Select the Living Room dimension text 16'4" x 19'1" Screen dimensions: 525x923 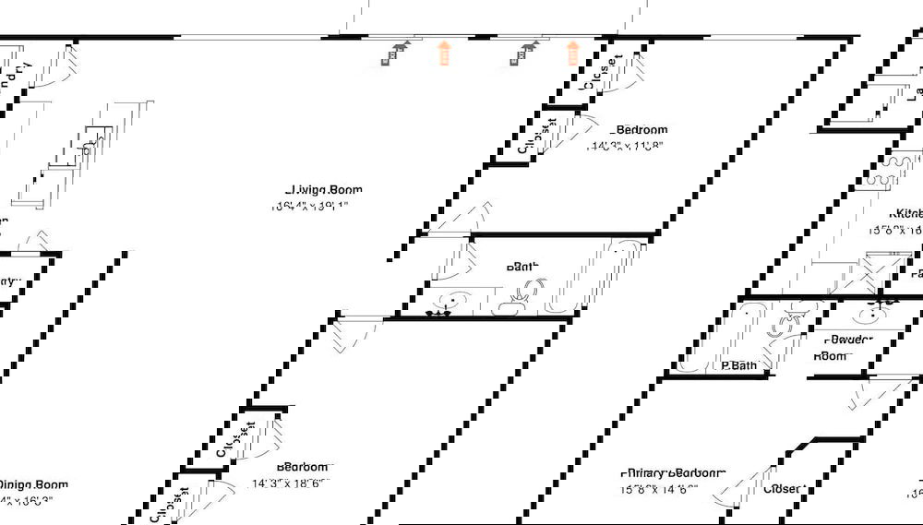click(310, 207)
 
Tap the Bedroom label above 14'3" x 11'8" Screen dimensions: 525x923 click(641, 130)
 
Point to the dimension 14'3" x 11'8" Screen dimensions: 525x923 click(627, 145)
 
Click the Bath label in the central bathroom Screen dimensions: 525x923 click(521, 267)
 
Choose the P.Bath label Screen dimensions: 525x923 click(738, 365)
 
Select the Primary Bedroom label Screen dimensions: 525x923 click(673, 472)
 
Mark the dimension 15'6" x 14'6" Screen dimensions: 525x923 click(659, 489)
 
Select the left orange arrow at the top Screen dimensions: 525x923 click(444, 54)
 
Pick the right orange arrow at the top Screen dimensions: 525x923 click(573, 54)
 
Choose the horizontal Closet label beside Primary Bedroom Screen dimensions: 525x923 click(784, 488)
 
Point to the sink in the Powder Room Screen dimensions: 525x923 click(869, 313)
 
